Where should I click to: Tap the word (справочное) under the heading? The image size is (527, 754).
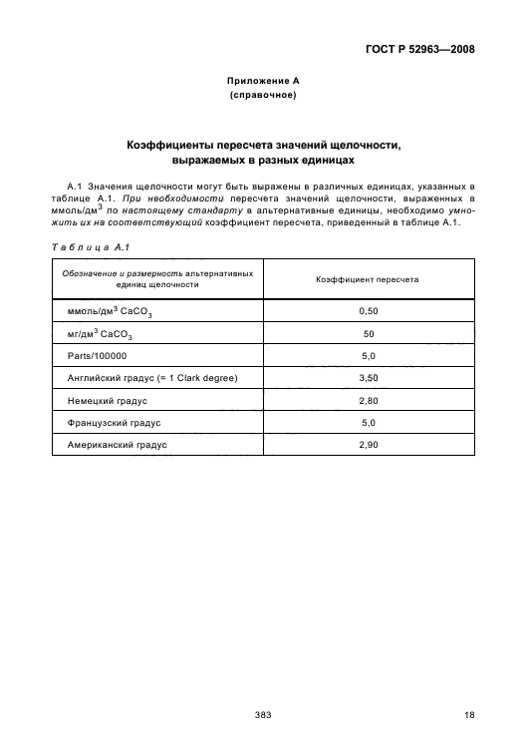pos(263,96)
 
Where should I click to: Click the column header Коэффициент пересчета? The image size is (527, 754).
pos(368,279)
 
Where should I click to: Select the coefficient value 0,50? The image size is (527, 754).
pos(368,312)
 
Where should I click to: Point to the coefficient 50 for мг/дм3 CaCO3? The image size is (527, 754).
pos(368,334)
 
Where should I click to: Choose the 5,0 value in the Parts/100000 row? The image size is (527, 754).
pos(368,355)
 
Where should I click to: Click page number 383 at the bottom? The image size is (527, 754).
pos(263,714)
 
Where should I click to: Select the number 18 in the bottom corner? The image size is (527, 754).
pos(468,714)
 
